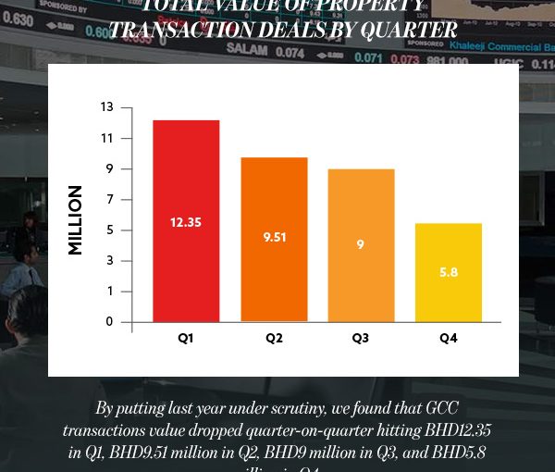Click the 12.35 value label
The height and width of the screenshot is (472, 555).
click(x=186, y=222)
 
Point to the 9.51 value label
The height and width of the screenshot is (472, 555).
click(x=274, y=237)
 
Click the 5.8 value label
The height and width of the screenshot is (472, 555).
click(x=448, y=272)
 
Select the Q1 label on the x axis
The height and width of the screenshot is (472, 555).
click(x=186, y=339)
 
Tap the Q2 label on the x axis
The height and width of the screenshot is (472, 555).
click(x=274, y=339)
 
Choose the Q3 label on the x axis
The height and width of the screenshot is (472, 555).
click(x=361, y=339)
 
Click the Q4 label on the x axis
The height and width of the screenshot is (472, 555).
click(x=448, y=339)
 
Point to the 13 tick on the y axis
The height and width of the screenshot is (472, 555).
click(x=107, y=107)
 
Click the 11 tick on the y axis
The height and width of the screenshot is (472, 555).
click(x=107, y=139)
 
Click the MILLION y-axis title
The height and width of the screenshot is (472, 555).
click(x=75, y=220)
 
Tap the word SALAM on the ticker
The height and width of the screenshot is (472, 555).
click(x=253, y=51)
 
